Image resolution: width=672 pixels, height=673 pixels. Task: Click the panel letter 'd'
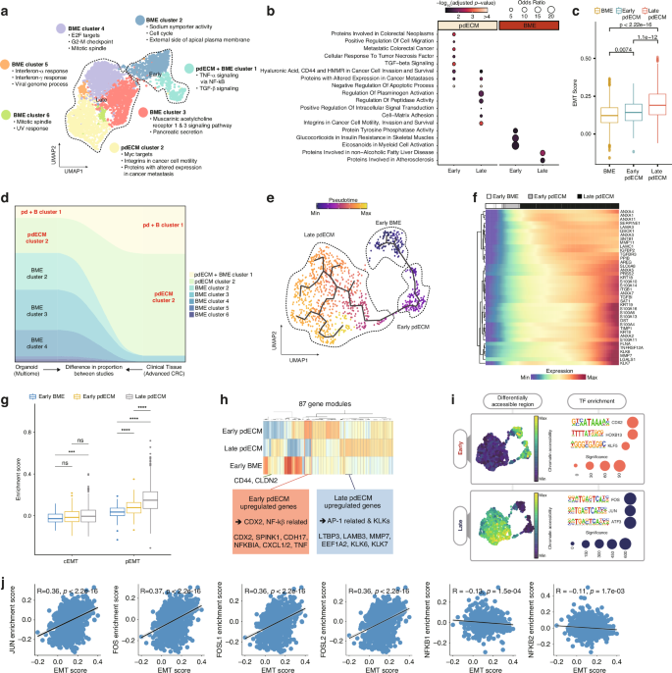point(5,197)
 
